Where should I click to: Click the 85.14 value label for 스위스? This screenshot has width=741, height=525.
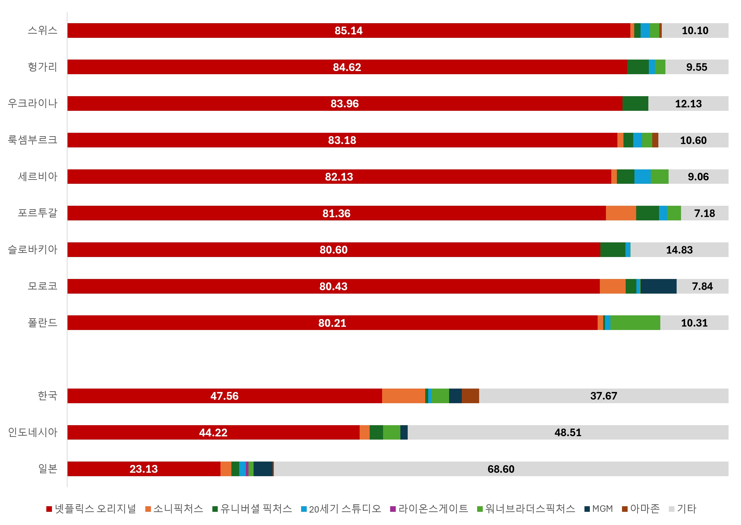pos(348,31)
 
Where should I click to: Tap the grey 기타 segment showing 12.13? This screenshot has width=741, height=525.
pos(688,103)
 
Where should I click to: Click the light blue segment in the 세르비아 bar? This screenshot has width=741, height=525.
pos(642,176)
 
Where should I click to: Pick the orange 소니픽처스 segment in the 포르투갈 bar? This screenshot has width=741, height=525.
pos(621,213)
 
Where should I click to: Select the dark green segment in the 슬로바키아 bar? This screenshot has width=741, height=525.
pos(613,250)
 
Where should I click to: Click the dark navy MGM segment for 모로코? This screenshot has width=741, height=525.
pos(658,286)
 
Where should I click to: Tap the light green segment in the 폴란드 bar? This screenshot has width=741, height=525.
pos(635,323)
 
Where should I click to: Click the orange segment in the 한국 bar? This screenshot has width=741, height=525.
pos(404,396)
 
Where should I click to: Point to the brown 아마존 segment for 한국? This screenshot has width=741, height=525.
pos(470,396)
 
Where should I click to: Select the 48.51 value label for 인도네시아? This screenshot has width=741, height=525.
pos(568,432)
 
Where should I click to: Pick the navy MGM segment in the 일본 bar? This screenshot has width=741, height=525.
pos(263,469)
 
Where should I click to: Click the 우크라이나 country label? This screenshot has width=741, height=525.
pos(33,103)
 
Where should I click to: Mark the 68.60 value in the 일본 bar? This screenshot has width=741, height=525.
pos(501,469)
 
